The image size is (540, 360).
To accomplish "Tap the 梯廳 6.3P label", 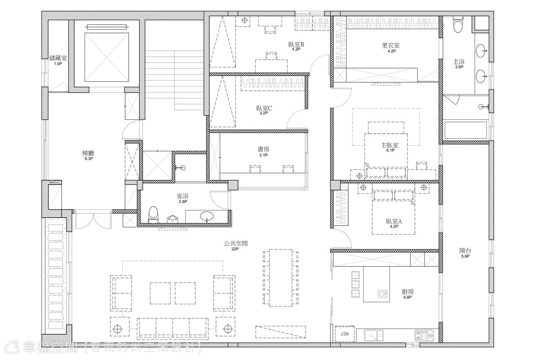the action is coord(88,155).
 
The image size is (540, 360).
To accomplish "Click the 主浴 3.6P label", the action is coord(459,64).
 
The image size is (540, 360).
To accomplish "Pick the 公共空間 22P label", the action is coord(235,246).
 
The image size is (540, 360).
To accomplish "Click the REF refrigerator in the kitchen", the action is coord(345,334).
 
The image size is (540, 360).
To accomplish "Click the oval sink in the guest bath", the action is coord(207,216).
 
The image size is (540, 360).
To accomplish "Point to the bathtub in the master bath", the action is coord(465,130).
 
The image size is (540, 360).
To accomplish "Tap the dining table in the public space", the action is coord(281,278).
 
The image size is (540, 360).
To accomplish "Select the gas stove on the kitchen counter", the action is coord(424,335).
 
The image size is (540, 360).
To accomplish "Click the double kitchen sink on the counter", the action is coord(373,335).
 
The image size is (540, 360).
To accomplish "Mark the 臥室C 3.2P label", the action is coord(264,110).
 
